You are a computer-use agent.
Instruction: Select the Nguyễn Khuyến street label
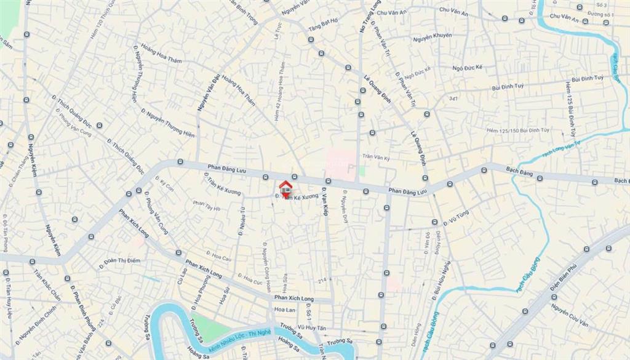click(432, 36)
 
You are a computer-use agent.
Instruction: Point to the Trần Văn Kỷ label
click(377, 158)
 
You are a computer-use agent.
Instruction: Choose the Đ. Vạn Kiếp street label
click(324, 203)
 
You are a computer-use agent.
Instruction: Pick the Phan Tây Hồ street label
click(206, 206)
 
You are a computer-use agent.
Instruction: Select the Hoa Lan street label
click(285, 310)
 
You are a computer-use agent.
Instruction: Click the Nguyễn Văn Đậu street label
click(208, 92)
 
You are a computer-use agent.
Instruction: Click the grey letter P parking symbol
click(351, 168)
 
